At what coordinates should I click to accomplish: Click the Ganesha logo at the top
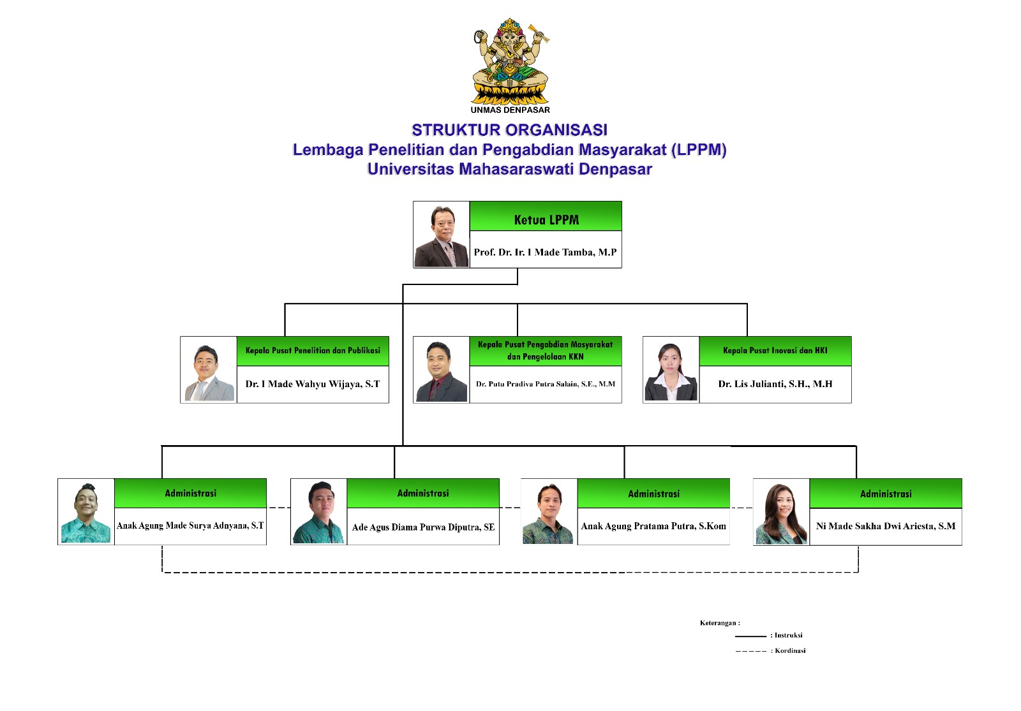pyautogui.click(x=511, y=61)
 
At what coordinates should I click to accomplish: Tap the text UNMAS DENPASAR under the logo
pyautogui.click(x=510, y=110)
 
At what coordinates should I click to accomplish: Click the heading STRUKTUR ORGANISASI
pyautogui.click(x=510, y=130)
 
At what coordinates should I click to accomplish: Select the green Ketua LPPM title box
pyautogui.click(x=546, y=216)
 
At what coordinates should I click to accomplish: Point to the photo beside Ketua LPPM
pyautogui.click(x=441, y=235)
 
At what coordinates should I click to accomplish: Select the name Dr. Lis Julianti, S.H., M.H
pyautogui.click(x=775, y=384)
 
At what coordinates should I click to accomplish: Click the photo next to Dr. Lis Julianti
pyautogui.click(x=671, y=370)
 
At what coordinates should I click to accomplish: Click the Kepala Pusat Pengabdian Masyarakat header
pyautogui.click(x=546, y=351)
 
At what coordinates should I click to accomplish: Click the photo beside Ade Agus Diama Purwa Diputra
pyautogui.click(x=318, y=512)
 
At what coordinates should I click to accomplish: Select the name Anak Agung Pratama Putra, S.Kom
pyautogui.click(x=653, y=527)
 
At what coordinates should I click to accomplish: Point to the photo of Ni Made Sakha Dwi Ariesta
pyautogui.click(x=781, y=513)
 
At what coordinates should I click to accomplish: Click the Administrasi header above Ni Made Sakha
pyautogui.click(x=886, y=494)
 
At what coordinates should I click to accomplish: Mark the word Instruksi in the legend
pyautogui.click(x=789, y=635)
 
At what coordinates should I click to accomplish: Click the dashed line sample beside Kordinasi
pyautogui.click(x=750, y=651)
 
